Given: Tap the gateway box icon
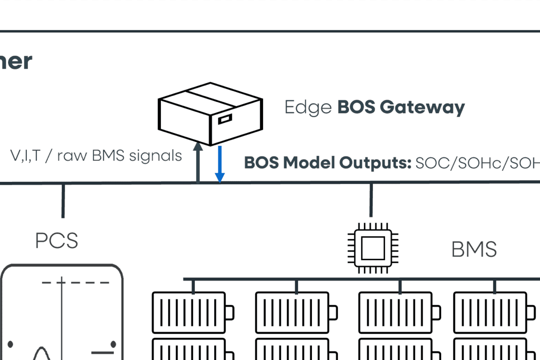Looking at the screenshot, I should point(211,113).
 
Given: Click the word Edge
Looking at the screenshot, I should point(308,107).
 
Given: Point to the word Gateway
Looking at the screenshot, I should point(422,108).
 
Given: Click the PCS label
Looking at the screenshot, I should point(57,240).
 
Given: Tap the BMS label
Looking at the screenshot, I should point(474,250).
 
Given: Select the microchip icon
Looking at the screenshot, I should point(372,248).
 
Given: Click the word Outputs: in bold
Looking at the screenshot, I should point(376,163).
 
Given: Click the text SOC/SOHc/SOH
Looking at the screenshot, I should point(478,163).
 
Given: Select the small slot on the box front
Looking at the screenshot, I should point(225,118).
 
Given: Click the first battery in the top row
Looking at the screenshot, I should point(192,312).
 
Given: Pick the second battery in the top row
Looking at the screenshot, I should point(296,312).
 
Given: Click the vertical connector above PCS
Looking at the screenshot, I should point(63,201).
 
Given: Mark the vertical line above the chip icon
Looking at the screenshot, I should point(371,200).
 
